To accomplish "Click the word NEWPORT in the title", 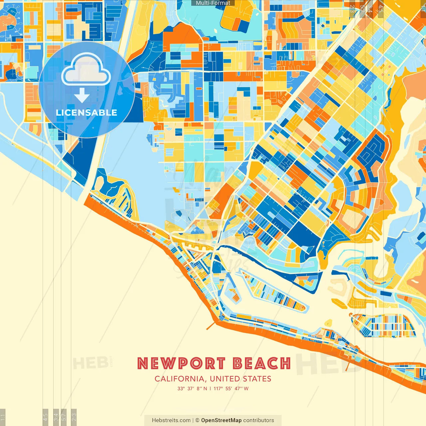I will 181,363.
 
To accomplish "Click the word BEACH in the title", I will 262,363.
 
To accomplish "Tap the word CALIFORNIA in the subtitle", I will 179,379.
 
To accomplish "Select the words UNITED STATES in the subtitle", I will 240,379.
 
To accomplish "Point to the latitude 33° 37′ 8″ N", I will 192,388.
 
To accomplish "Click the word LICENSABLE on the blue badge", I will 87,112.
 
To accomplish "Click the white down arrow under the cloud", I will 82,96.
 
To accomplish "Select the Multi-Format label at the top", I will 213,3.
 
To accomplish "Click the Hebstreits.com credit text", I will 171,420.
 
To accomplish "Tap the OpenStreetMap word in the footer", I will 221,420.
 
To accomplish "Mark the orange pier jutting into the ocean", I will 211,325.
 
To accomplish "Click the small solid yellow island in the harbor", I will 328,322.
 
